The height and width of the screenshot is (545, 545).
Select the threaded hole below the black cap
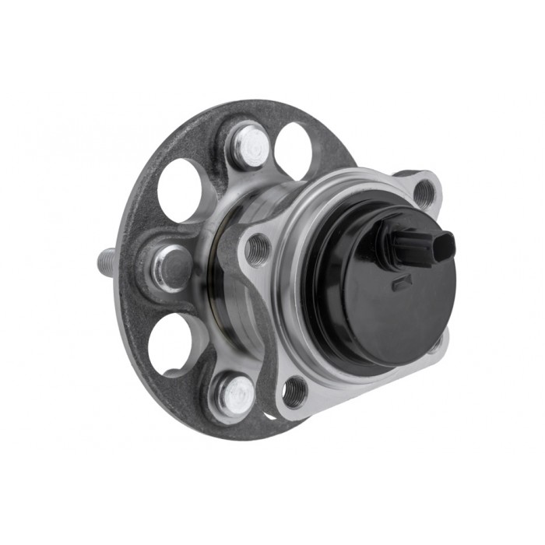click(x=294, y=392)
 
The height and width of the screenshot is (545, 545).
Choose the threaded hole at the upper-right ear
click(x=424, y=192)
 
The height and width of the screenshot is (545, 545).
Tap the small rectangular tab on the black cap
click(x=402, y=283)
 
